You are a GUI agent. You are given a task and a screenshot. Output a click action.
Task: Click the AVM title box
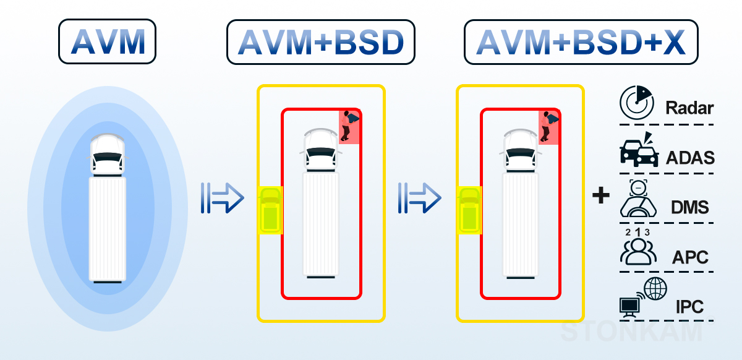(108, 41)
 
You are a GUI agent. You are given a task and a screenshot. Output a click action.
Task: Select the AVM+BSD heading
(321, 42)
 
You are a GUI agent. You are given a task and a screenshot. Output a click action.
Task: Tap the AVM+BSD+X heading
(581, 42)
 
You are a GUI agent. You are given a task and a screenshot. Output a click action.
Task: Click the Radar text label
(689, 108)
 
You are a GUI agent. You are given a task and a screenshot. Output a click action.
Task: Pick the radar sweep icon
(636, 103)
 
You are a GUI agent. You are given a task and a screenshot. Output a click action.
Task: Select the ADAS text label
(690, 158)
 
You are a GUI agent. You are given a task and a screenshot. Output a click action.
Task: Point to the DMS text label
(689, 207)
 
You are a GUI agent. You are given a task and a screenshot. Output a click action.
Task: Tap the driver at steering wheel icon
(638, 198)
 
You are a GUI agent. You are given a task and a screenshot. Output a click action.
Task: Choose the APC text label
(690, 257)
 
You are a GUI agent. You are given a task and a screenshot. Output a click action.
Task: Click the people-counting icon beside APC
(638, 247)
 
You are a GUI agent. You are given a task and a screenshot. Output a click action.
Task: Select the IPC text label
(689, 307)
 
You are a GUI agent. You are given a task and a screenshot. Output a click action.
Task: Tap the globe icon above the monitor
(655, 289)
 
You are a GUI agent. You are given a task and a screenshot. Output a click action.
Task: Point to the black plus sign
(600, 195)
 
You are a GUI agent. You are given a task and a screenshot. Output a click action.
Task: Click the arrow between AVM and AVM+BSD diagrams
(222, 198)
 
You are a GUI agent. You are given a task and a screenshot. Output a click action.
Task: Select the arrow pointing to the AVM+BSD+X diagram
(419, 198)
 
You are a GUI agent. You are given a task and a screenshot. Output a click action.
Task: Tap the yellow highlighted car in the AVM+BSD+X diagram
(469, 210)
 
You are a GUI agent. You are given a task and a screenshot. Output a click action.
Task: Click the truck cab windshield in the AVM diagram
(107, 156)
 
